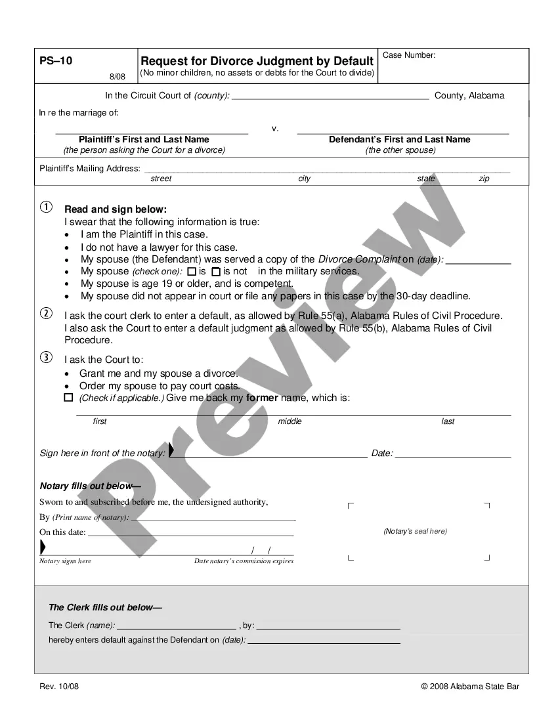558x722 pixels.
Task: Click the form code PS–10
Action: pyautogui.click(x=56, y=61)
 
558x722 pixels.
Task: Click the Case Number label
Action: pyautogui.click(x=409, y=55)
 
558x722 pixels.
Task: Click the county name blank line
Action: pyautogui.click(x=330, y=96)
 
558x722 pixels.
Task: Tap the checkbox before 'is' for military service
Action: pyautogui.click(x=192, y=271)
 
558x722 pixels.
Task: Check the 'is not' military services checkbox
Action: pyautogui.click(x=216, y=271)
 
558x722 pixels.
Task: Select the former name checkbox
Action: pyautogui.click(x=68, y=398)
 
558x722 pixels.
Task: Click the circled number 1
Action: pyautogui.click(x=46, y=208)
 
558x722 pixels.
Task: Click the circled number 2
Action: pyautogui.click(x=46, y=313)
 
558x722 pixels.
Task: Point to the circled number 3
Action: pyautogui.click(x=46, y=358)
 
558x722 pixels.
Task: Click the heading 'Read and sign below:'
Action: pyautogui.click(x=116, y=209)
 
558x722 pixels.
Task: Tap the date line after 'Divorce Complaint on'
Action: pyautogui.click(x=478, y=260)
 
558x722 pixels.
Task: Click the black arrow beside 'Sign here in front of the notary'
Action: pyautogui.click(x=171, y=450)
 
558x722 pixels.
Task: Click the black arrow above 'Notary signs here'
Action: pyautogui.click(x=43, y=547)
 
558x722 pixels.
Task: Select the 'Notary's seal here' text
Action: pyautogui.click(x=415, y=532)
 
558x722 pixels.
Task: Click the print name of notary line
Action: pyautogui.click(x=213, y=518)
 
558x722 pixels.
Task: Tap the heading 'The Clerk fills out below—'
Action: pyautogui.click(x=105, y=608)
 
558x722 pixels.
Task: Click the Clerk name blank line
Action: pyautogui.click(x=176, y=626)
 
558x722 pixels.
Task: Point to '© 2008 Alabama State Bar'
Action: pyautogui.click(x=470, y=687)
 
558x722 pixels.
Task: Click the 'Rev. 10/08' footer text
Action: pyautogui.click(x=59, y=687)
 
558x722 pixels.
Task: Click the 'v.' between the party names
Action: pyautogui.click(x=275, y=128)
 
